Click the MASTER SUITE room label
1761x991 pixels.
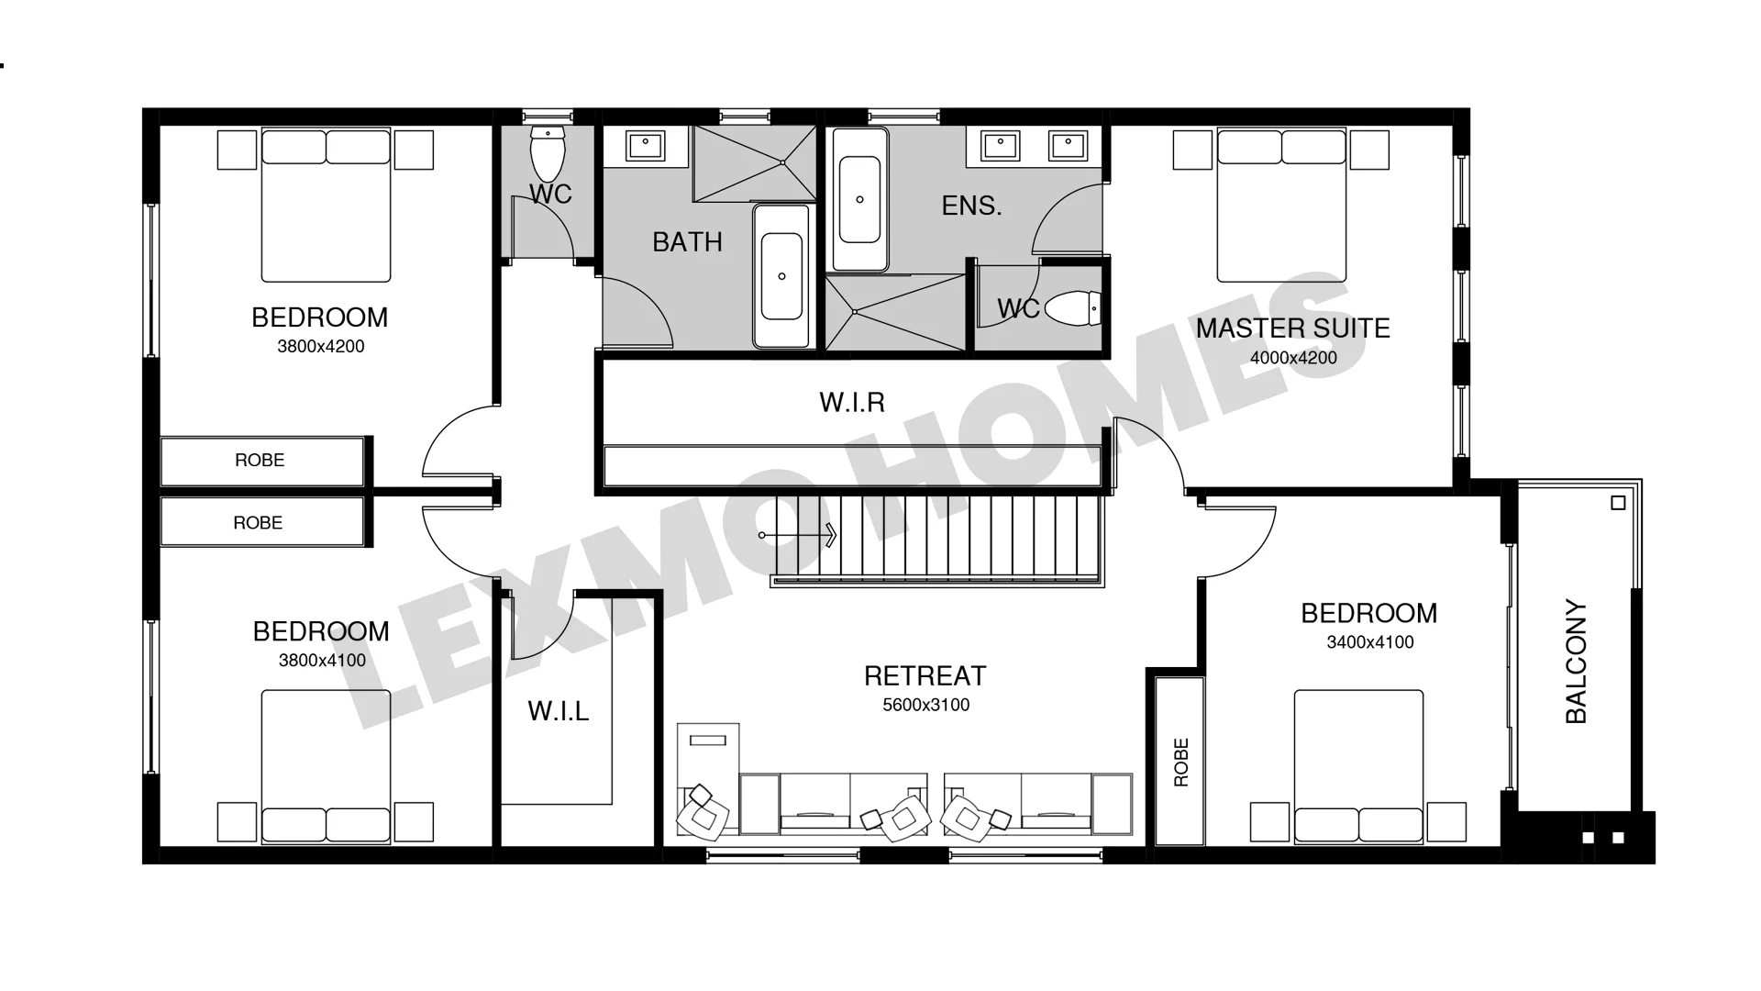[x=1292, y=328]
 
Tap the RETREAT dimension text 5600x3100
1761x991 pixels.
[x=925, y=705]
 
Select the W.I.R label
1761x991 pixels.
[x=852, y=402]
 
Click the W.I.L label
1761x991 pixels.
[x=559, y=711]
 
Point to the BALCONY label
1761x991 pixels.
[x=1576, y=662]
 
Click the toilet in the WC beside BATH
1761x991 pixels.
[x=548, y=153]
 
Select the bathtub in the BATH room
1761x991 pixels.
[x=781, y=276]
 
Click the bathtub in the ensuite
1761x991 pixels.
[x=859, y=199]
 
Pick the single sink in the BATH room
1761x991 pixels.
[x=646, y=145]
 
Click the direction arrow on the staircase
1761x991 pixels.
[x=797, y=535]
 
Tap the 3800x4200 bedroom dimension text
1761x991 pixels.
[x=321, y=347]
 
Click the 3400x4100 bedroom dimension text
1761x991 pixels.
[x=1370, y=642]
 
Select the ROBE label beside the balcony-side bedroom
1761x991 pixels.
[x=1181, y=762]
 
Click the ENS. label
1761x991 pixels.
[x=971, y=206]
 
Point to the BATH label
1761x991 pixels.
[x=687, y=242]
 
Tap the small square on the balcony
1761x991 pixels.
[x=1618, y=503]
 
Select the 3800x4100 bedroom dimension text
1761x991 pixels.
[x=322, y=661]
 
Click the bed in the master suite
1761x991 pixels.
[x=1281, y=206]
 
